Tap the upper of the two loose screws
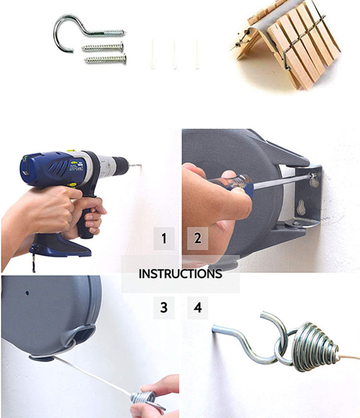point(103,47)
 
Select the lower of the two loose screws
point(106,59)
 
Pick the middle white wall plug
point(174,54)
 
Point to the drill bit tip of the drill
point(141,166)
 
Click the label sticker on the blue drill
point(76,166)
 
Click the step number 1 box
point(164,238)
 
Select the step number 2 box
point(198,238)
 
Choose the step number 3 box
point(164,307)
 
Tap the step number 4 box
point(198,307)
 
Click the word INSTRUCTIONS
point(180,274)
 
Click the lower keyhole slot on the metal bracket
point(301,208)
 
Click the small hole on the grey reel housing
point(27,293)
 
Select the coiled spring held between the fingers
point(145,399)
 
